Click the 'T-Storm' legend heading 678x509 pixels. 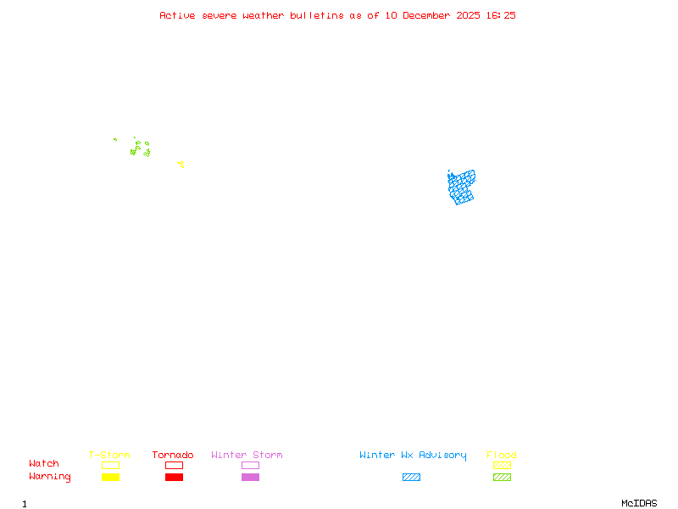click(x=109, y=456)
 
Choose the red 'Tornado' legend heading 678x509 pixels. click(x=173, y=456)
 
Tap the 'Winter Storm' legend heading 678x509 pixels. click(x=247, y=456)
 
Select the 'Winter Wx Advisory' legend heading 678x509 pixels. click(x=413, y=456)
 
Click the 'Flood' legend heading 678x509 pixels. click(x=502, y=456)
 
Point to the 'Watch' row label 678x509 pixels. click(x=44, y=464)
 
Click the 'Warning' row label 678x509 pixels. click(x=50, y=477)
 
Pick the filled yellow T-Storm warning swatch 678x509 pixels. click(x=110, y=478)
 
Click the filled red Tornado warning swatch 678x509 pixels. click(x=174, y=478)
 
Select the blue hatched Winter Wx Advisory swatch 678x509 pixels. click(x=411, y=478)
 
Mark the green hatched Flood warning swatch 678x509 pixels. click(x=502, y=478)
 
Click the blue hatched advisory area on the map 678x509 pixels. click(x=460, y=187)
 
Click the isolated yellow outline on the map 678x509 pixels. click(x=181, y=164)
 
